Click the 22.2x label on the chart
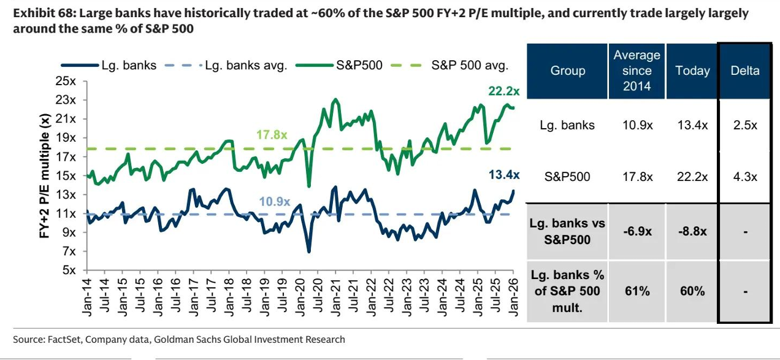[x=503, y=91]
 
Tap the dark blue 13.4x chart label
[x=503, y=175]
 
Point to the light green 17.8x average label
[x=272, y=135]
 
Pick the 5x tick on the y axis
[x=67, y=270]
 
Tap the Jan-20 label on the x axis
[x=300, y=296]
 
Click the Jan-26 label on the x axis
[x=513, y=296]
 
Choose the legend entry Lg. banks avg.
[x=246, y=66]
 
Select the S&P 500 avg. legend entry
[x=470, y=66]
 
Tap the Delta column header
[x=744, y=71]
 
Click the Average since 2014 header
[x=637, y=71]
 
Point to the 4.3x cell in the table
[x=744, y=177]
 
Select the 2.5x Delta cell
[x=744, y=125]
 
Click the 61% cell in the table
[x=637, y=291]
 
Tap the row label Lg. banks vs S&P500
[x=567, y=231]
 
